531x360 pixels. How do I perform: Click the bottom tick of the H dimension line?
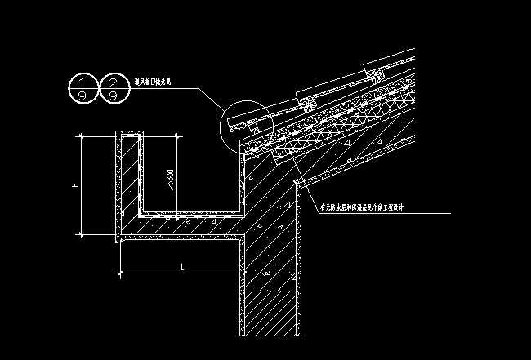pos(82,234)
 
